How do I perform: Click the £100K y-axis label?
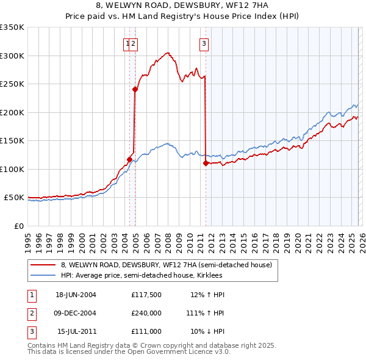[x=12, y=169]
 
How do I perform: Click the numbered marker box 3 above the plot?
[x=203, y=43]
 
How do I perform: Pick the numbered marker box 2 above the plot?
[x=133, y=43]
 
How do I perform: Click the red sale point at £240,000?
[x=135, y=90]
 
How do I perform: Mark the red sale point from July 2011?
[x=206, y=163]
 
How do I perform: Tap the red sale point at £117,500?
[x=129, y=159]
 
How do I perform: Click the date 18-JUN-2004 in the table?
[x=76, y=295]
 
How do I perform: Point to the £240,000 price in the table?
[x=146, y=313]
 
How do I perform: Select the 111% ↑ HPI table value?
[x=207, y=313]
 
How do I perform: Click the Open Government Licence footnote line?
[x=129, y=352]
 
